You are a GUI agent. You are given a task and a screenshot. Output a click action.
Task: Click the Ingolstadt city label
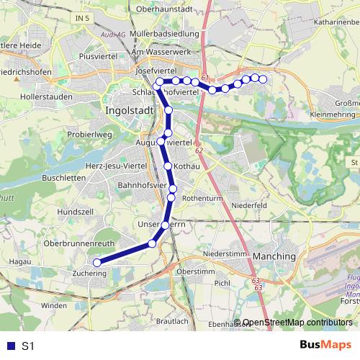click(x=130, y=112)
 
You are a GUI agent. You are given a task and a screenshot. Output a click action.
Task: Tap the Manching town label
click(x=274, y=256)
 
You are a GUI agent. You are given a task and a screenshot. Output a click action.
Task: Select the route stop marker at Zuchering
click(x=97, y=263)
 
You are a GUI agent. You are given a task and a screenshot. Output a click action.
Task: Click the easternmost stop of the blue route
click(x=263, y=79)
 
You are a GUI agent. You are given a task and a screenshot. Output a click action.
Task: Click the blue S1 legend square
click(x=9, y=346)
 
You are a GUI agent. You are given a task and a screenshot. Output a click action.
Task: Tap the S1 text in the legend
click(x=28, y=346)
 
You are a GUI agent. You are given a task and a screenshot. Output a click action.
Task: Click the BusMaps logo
click(x=325, y=346)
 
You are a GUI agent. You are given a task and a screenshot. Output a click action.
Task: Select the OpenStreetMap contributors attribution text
click(x=297, y=323)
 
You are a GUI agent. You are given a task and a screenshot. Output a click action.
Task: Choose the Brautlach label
click(x=171, y=321)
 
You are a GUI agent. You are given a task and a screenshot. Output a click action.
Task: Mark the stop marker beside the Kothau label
click(x=168, y=166)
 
